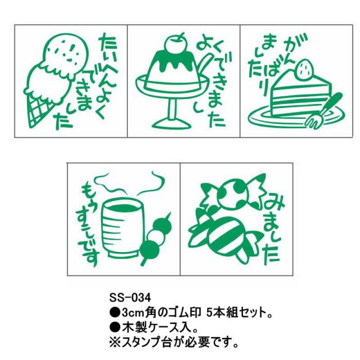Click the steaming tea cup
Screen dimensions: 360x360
coord(121,228)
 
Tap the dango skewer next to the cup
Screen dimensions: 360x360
coord(156,238)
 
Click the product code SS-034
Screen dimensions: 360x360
coord(130,298)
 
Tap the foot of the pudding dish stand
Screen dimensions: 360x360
coord(172,124)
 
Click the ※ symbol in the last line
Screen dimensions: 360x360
coord(114,343)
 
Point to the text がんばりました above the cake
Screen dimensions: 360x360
coord(273,62)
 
